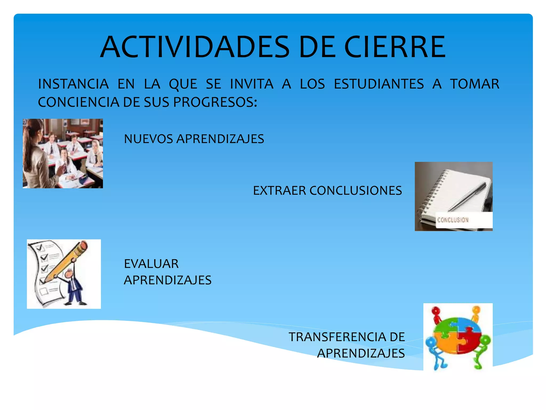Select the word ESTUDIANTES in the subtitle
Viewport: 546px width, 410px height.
[379, 84]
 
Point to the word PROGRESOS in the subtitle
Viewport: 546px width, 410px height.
[215, 102]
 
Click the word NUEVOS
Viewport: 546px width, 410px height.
[148, 139]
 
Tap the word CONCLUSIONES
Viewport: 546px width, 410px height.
[356, 191]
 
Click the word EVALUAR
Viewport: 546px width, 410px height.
[151, 264]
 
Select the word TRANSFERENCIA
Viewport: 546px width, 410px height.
[337, 337]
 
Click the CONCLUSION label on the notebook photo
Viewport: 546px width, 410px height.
[453, 220]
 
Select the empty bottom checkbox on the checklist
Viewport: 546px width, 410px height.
[44, 291]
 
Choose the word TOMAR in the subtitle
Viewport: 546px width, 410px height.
[475, 84]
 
